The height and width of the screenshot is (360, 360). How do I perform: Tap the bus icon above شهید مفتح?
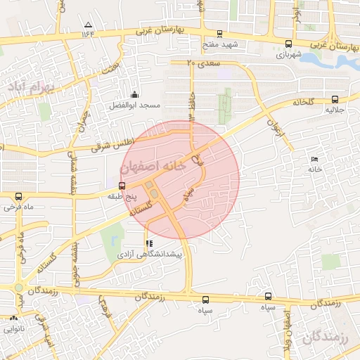(219, 33)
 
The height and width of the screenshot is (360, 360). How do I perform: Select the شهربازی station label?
(289, 53)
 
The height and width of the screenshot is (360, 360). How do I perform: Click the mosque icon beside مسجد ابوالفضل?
(135, 94)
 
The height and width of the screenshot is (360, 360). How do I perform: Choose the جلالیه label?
(334, 110)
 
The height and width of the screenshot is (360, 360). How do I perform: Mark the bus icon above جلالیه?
(334, 100)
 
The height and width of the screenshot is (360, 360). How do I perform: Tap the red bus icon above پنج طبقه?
(122, 186)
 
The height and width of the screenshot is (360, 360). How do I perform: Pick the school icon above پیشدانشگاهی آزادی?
(148, 243)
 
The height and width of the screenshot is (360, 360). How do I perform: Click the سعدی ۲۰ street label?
(204, 63)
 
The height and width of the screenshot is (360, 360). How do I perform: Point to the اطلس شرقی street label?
(112, 144)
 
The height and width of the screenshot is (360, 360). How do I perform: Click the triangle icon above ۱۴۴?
(87, 24)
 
